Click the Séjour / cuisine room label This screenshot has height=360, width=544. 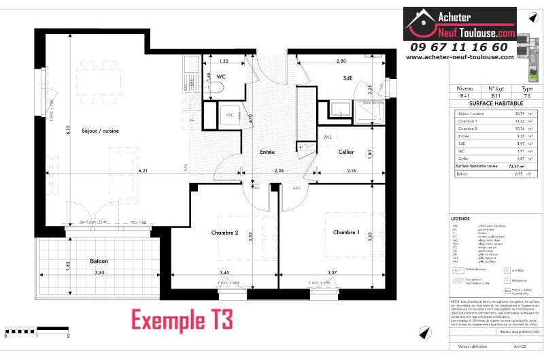point(101,131)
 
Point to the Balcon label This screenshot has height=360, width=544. point(99,261)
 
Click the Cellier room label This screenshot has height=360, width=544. point(351,151)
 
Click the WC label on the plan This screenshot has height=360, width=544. point(221,77)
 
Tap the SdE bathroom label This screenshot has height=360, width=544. point(348,78)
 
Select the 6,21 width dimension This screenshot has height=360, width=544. point(144,169)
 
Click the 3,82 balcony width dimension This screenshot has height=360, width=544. point(100,272)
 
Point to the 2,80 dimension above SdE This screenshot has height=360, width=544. point(341,62)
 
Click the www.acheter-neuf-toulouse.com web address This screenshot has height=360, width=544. point(458,57)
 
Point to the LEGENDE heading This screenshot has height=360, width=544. point(460,218)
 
